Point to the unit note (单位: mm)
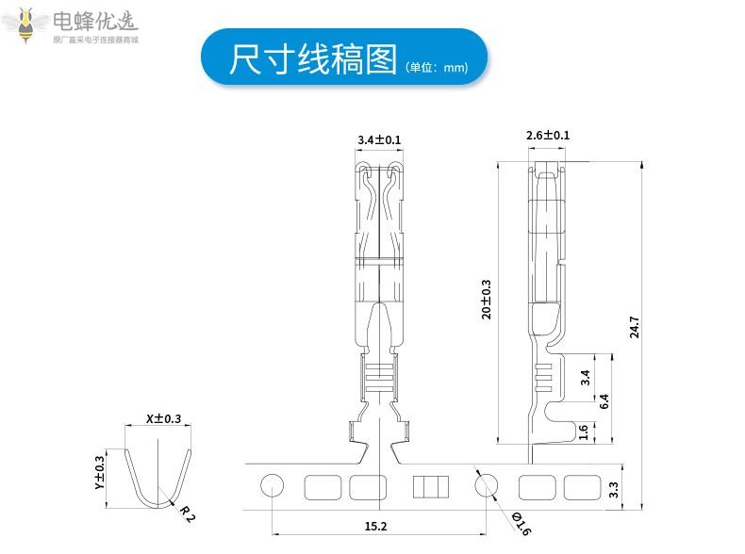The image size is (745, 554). tap(436, 68)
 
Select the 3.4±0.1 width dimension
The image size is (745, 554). tap(379, 140)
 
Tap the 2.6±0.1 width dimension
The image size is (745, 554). tap(547, 136)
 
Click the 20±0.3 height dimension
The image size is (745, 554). tap(487, 299)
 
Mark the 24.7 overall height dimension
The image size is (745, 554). tap(635, 326)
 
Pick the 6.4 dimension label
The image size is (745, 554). tap(604, 399)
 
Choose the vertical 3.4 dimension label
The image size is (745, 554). tap(585, 378)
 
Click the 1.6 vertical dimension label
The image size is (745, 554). tap(584, 432)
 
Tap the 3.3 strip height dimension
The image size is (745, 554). tap(613, 489)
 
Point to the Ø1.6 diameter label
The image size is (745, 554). tap(521, 522)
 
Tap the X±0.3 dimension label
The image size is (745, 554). tap(162, 418)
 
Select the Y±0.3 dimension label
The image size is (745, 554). tap(99, 473)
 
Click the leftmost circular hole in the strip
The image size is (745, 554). tap(272, 486)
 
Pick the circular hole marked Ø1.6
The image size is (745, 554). tap(486, 486)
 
